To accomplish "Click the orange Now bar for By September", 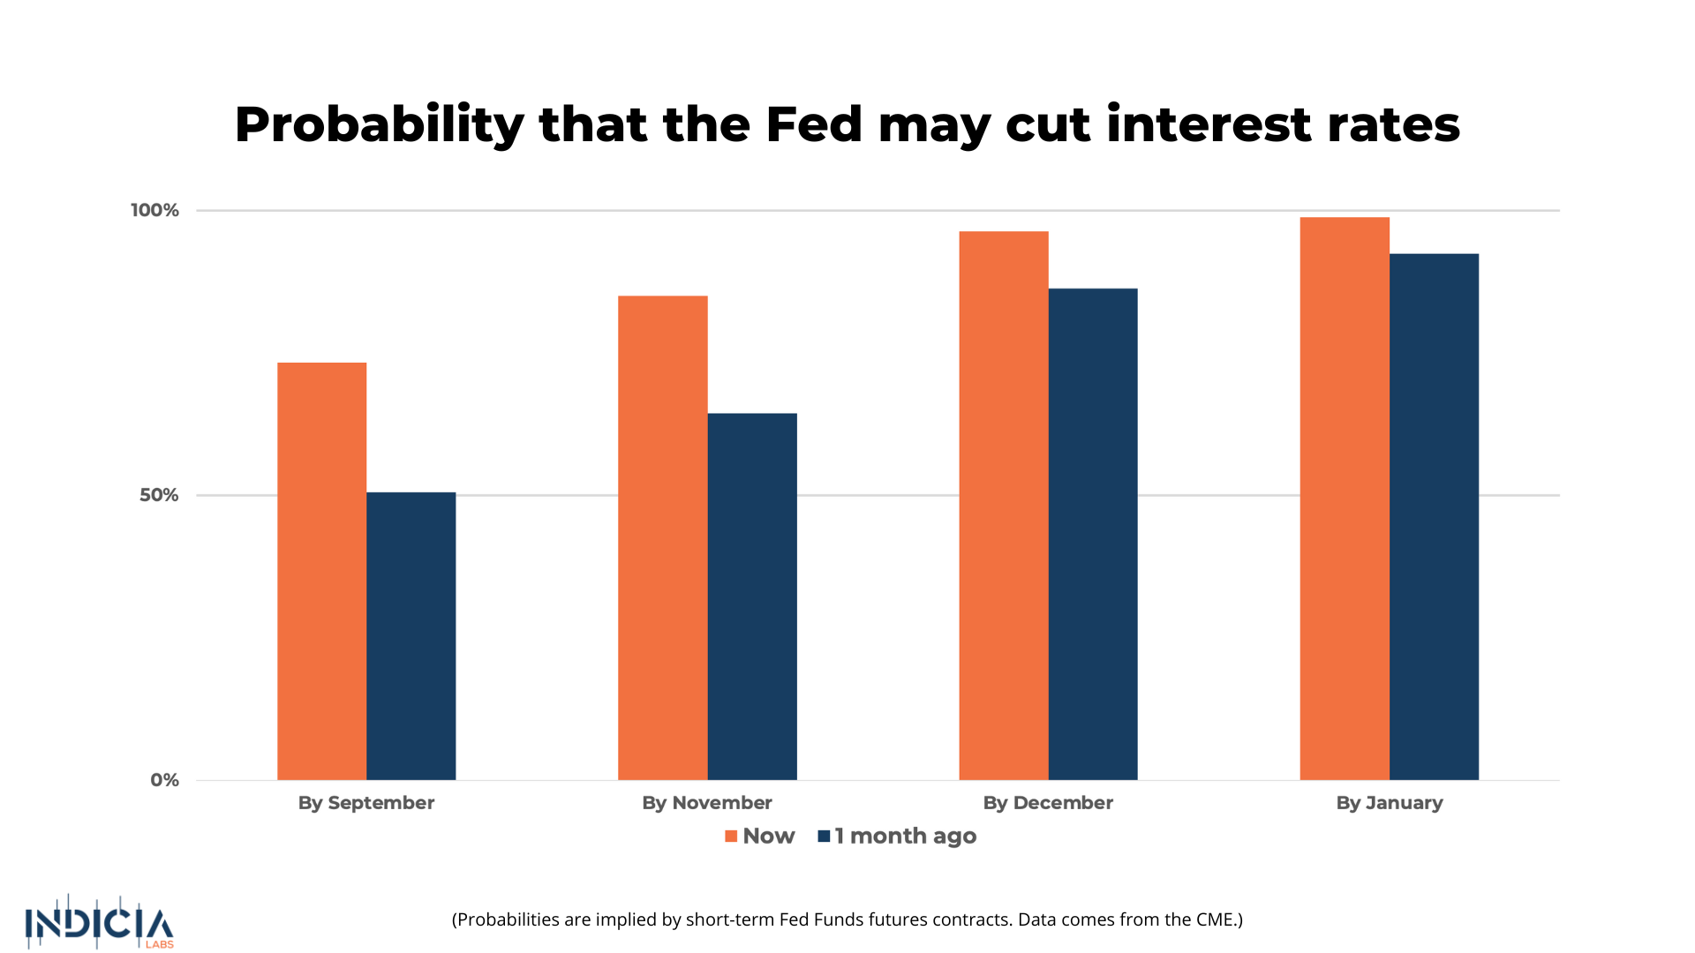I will click(x=321, y=571).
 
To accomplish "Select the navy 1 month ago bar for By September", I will click(x=411, y=635).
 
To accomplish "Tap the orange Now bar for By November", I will click(x=662, y=537).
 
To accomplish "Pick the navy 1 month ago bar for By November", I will click(x=751, y=597).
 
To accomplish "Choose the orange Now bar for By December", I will click(x=1003, y=506).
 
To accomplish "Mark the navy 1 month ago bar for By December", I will click(x=1092, y=534).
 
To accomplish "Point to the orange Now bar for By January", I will click(x=1344, y=499).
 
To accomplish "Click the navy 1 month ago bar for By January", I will click(x=1434, y=517).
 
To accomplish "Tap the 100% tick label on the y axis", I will click(x=154, y=210).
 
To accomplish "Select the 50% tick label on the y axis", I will click(x=159, y=495).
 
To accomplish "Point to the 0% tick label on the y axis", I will click(x=164, y=780).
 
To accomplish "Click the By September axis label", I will click(x=365, y=803).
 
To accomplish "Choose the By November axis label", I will click(x=706, y=803).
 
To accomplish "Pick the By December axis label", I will click(x=1048, y=803).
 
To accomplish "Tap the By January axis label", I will click(x=1389, y=803).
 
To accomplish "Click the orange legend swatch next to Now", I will click(x=731, y=837).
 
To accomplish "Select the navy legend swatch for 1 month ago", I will click(x=824, y=837).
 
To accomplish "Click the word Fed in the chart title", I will click(x=813, y=124).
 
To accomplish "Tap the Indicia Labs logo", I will click(x=100, y=923).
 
